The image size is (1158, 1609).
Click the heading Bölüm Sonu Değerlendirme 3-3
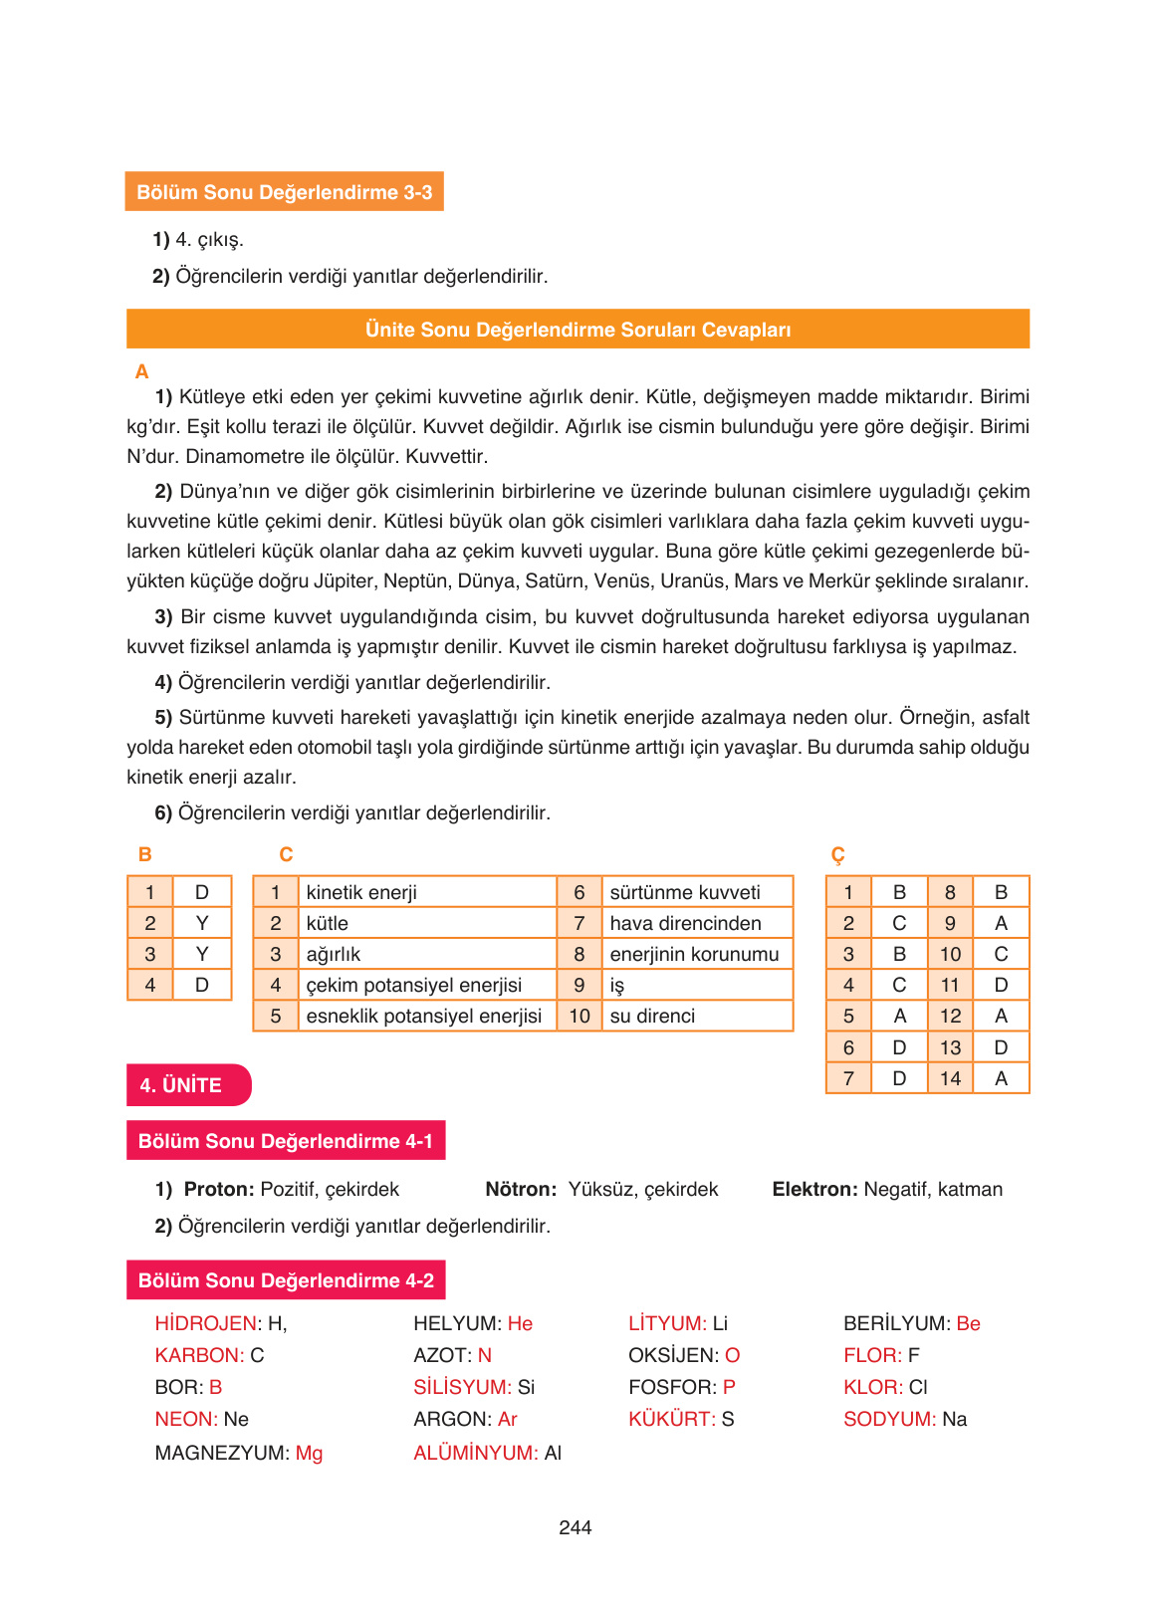point(284,192)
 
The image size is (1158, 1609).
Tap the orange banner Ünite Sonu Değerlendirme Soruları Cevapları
point(578,330)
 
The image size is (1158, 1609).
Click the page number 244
point(576,1527)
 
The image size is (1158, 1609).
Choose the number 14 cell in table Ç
point(950,1078)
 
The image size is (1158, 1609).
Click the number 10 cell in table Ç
point(950,955)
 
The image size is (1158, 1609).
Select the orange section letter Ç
point(837,855)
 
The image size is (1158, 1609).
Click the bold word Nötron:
point(521,1190)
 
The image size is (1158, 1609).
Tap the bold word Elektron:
point(814,1190)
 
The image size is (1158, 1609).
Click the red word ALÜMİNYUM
point(475,1454)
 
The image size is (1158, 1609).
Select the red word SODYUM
point(888,1420)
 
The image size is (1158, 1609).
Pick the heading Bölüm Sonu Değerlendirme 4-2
point(286,1280)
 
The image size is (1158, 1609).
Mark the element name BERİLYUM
point(895,1324)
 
